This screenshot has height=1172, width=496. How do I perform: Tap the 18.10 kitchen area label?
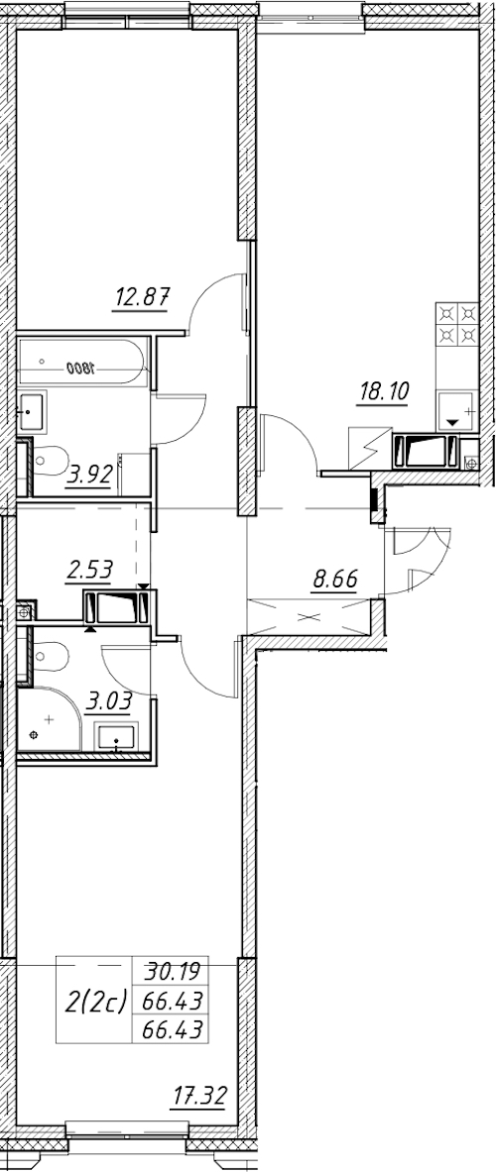click(382, 391)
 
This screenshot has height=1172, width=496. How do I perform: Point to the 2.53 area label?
click(89, 571)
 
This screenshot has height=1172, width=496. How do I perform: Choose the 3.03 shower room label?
click(109, 700)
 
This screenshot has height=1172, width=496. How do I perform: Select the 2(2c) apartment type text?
click(97, 1000)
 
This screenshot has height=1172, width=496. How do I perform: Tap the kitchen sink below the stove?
click(455, 411)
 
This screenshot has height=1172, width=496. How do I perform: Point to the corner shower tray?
click(50, 719)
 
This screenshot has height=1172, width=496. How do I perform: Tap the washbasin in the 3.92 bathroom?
click(32, 412)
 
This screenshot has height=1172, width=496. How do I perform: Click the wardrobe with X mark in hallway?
click(309, 618)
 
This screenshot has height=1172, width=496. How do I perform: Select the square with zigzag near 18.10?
click(370, 449)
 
